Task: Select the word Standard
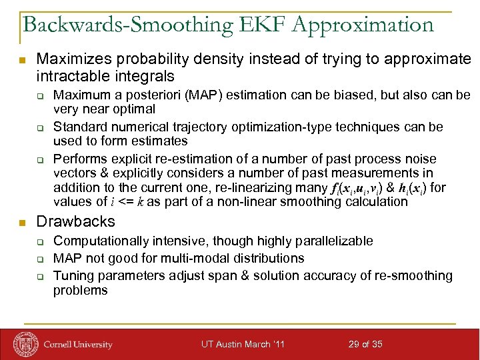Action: click(78, 127)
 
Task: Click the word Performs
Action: click(78, 159)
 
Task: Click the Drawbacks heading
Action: click(75, 221)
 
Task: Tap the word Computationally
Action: click(101, 241)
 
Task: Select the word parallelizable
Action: click(332, 241)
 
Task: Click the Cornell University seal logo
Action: click(25, 344)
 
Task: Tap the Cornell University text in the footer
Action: click(78, 345)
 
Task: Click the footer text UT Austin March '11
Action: click(243, 344)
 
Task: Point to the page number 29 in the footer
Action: click(355, 344)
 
